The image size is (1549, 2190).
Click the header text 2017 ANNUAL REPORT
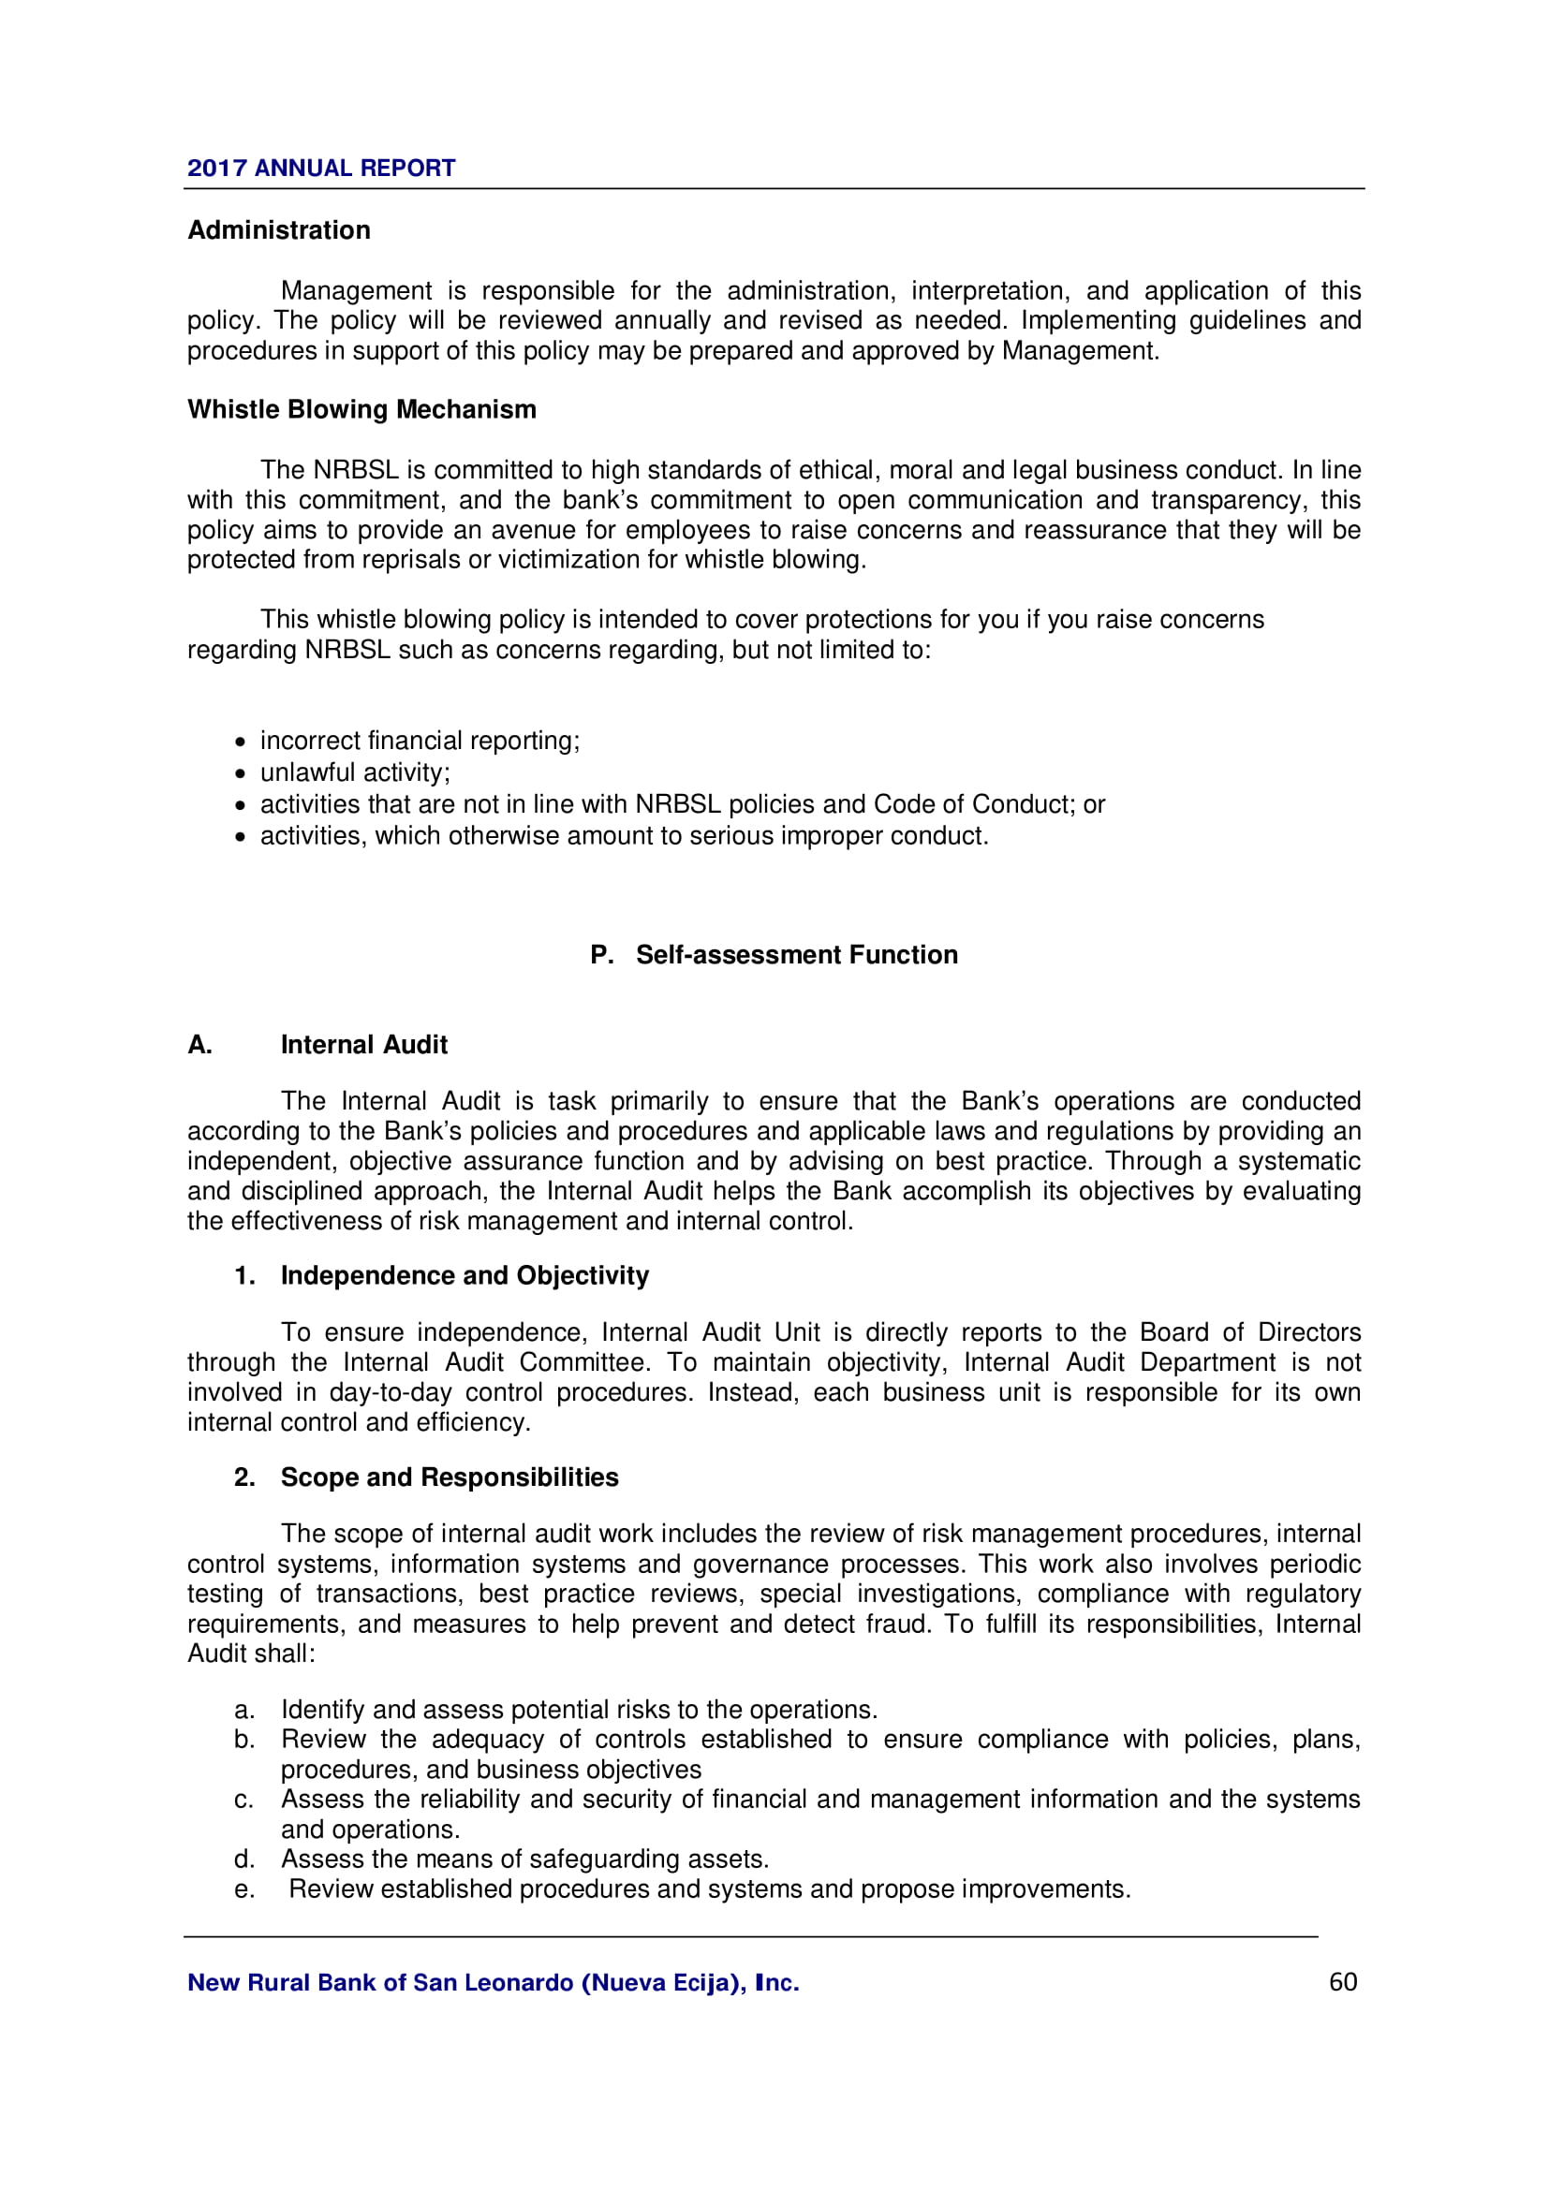(320, 168)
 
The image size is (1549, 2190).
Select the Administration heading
(278, 230)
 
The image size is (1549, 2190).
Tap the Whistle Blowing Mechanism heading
(361, 409)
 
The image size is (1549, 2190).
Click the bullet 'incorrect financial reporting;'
(420, 741)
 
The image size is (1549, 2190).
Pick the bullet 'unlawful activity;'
(355, 772)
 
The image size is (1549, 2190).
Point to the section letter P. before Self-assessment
(601, 955)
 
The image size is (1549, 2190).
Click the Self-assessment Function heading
(796, 955)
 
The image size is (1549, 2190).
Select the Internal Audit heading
(363, 1045)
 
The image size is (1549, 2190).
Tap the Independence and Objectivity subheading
(465, 1275)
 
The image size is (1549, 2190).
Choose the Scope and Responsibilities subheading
(450, 1477)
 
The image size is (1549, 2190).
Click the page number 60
(1342, 1982)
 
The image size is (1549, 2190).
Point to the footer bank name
(494, 1983)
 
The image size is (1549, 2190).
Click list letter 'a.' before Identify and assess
(244, 1710)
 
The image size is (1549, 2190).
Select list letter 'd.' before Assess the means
(244, 1859)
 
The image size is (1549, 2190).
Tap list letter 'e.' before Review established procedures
(244, 1889)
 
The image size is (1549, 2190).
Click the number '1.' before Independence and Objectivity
(244, 1275)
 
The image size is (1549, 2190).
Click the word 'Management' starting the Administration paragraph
(356, 291)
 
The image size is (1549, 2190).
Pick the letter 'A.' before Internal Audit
(199, 1045)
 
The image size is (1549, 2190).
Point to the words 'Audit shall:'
(251, 1653)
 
